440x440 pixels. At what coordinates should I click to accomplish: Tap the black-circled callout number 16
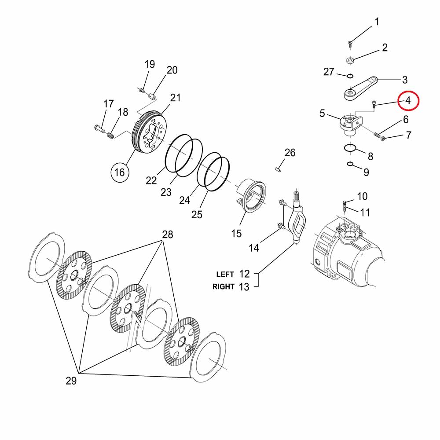pyautogui.click(x=120, y=172)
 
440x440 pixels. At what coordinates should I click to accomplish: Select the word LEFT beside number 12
pyautogui.click(x=225, y=274)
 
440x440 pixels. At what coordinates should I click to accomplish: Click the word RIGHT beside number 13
pyautogui.click(x=224, y=286)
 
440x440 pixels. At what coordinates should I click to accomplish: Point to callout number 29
pyautogui.click(x=71, y=381)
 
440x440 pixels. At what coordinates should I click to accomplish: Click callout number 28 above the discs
pyautogui.click(x=168, y=235)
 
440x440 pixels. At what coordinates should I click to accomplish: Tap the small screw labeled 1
pyautogui.click(x=350, y=43)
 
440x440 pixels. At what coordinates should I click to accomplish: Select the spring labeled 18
pyautogui.click(x=111, y=132)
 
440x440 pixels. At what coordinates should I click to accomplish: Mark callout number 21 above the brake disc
pyautogui.click(x=176, y=98)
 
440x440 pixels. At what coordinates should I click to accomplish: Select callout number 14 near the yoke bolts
pyautogui.click(x=254, y=248)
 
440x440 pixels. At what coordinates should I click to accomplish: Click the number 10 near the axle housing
pyautogui.click(x=362, y=196)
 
